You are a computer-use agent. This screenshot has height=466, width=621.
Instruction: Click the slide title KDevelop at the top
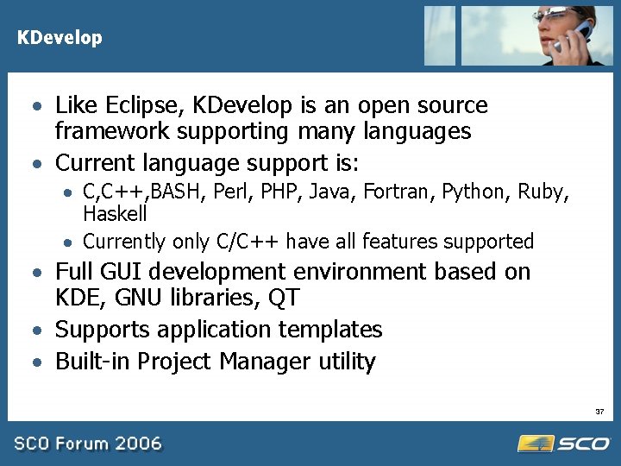pos(60,38)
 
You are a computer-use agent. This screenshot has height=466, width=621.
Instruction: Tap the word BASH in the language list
pos(179,192)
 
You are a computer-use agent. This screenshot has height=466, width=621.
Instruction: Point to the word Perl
pos(229,192)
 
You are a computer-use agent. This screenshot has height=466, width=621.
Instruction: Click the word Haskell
pos(115,212)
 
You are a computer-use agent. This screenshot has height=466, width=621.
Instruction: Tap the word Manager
pos(264,361)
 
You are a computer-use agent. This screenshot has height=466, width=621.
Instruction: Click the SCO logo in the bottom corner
pos(564,444)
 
